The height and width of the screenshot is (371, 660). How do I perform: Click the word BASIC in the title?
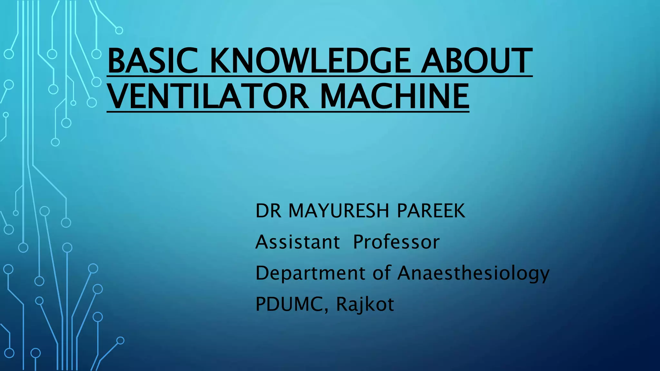[152, 61]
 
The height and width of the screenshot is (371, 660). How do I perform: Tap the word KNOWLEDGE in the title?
[310, 61]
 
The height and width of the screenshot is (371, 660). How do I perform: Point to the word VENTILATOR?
[208, 96]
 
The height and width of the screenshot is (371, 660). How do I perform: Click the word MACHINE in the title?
[394, 96]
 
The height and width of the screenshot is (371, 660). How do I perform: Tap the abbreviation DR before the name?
[268, 211]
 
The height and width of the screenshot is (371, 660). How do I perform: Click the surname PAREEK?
[431, 211]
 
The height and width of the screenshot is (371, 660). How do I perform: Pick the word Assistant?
[297, 242]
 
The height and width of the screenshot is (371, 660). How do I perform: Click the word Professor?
[396, 242]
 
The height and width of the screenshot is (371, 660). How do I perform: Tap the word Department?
[310, 273]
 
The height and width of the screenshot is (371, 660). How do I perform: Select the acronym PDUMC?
[290, 304]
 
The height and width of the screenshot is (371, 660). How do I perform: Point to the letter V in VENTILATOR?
[118, 96]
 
